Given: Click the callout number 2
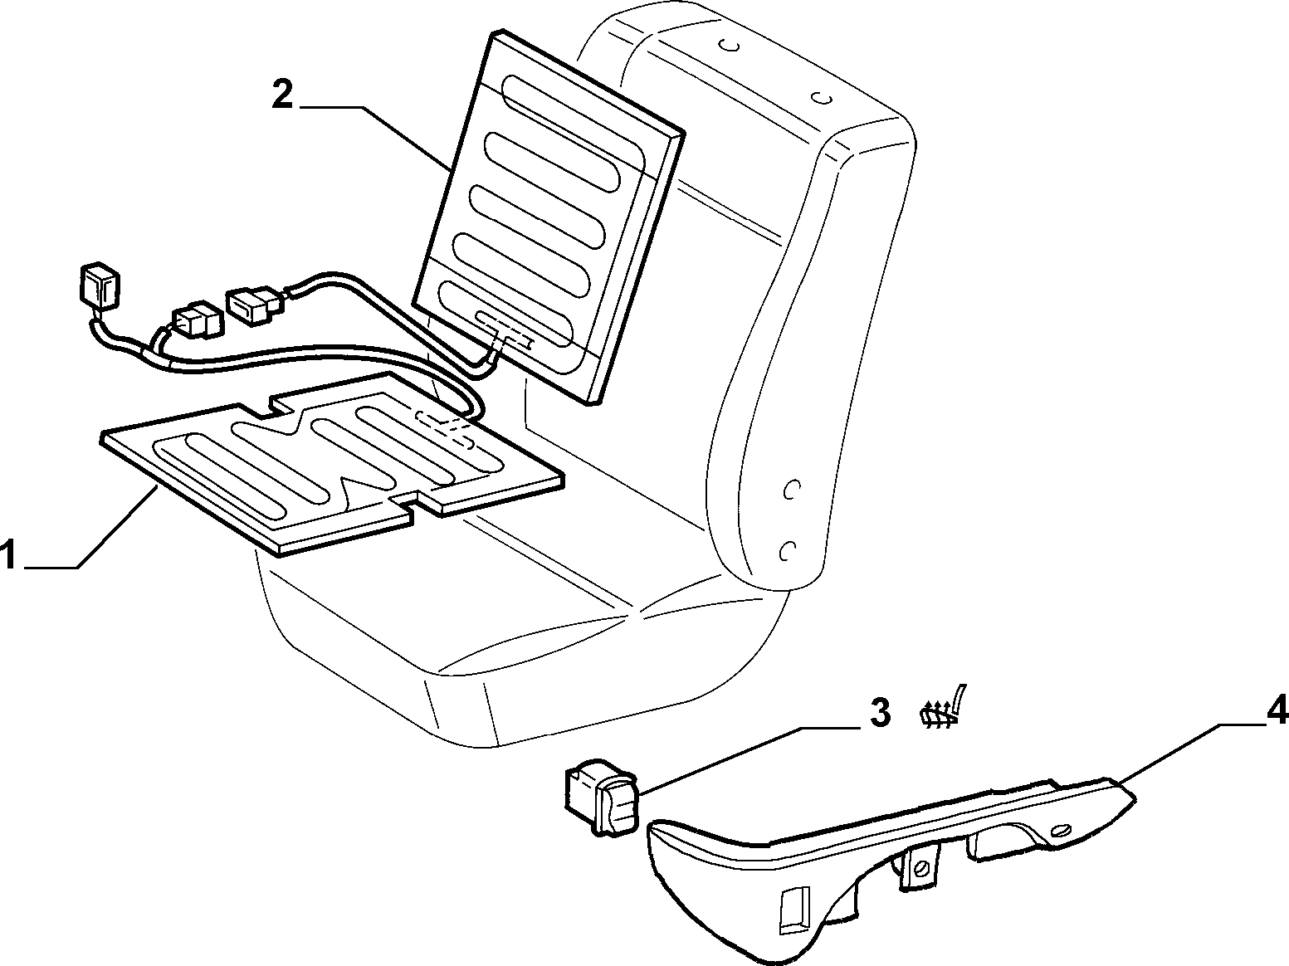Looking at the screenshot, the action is pos(282,96).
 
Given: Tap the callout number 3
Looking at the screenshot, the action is pos(879,714).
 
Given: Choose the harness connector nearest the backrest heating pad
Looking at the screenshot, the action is pos(256,305).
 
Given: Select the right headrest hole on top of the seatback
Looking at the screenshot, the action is pos(823,97).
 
